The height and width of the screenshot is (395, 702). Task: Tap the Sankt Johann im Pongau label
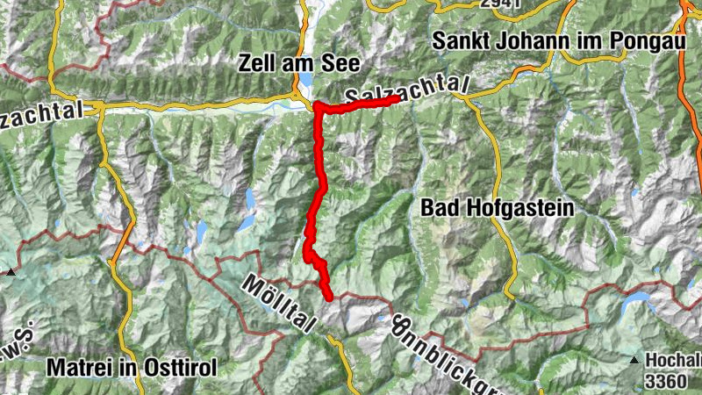pyautogui.click(x=556, y=40)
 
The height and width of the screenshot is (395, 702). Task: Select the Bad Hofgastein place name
pyautogui.click(x=497, y=208)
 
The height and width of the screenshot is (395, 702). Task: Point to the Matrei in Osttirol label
pyautogui.click(x=133, y=368)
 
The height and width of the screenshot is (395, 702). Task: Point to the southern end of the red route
pyautogui.click(x=329, y=297)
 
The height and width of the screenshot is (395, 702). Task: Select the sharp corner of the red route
pyautogui.click(x=317, y=107)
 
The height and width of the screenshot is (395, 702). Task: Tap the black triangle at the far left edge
pyautogui.click(x=11, y=273)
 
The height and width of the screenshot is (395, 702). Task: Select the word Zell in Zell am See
pyautogui.click(x=254, y=63)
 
